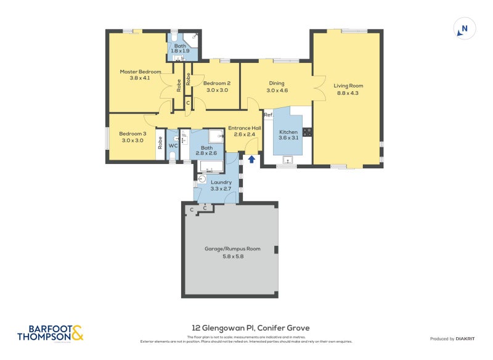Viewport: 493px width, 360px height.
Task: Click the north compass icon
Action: click(x=465, y=28)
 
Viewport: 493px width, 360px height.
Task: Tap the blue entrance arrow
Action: click(x=251, y=160)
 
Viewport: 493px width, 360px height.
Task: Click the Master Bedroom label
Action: click(x=140, y=72)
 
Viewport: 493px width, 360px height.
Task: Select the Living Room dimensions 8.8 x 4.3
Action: click(x=348, y=93)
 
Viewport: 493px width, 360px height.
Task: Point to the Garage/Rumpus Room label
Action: click(x=232, y=249)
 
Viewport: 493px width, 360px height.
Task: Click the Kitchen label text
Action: click(x=288, y=132)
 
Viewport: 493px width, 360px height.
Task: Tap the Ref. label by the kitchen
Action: click(x=268, y=115)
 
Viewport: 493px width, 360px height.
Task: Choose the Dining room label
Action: click(x=277, y=83)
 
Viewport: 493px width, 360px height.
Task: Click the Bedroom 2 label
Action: click(x=217, y=83)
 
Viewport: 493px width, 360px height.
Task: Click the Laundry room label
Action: click(x=221, y=182)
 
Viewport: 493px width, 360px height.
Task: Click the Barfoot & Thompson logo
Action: click(x=50, y=333)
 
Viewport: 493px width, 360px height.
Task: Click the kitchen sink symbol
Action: click(x=287, y=160)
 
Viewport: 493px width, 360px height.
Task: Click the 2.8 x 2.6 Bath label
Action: click(x=206, y=151)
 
